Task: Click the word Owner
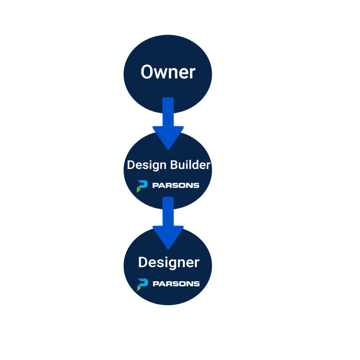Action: coord(168,72)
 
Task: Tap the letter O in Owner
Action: coord(148,72)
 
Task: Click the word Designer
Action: coord(168,263)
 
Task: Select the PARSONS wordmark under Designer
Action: coord(176,284)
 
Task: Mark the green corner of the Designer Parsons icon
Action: coord(139,288)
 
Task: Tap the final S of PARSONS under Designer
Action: coord(196,284)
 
